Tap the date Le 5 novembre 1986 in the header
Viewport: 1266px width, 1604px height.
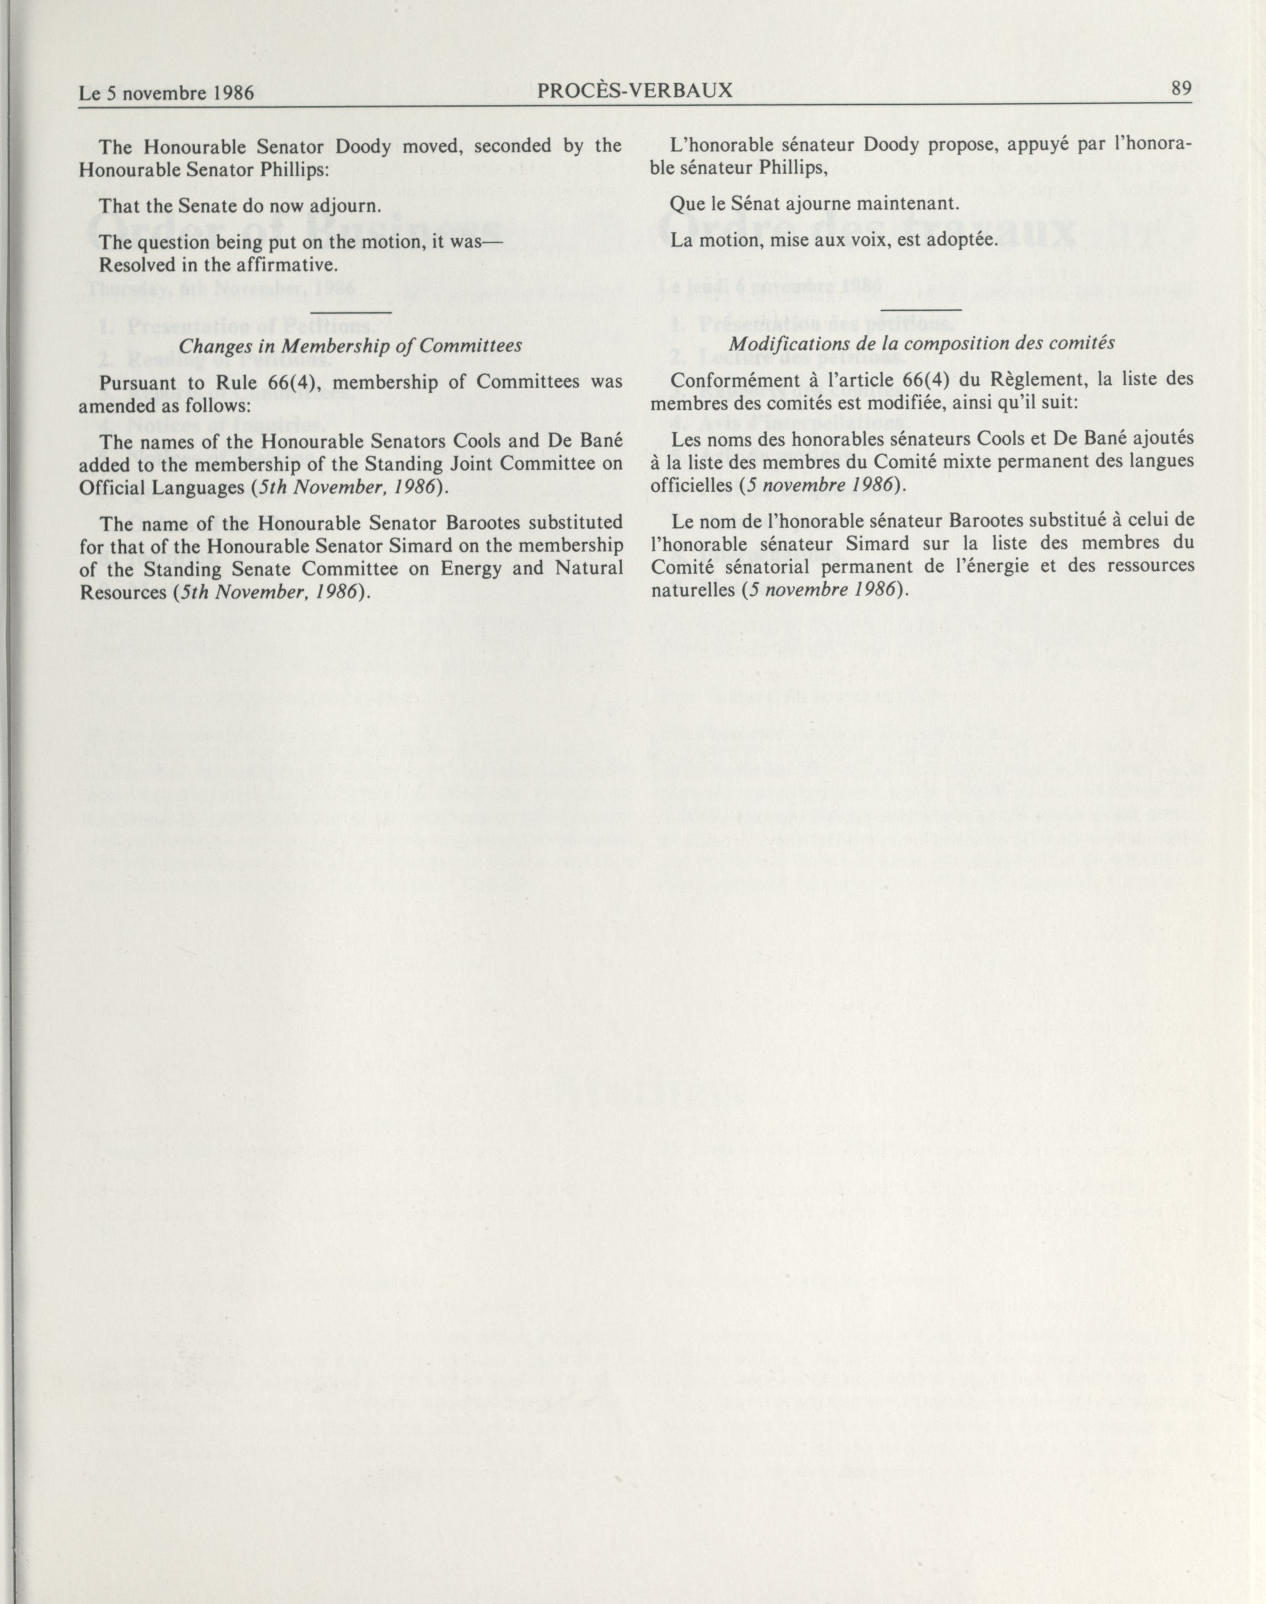click(x=167, y=93)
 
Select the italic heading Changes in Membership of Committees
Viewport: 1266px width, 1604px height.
click(x=351, y=346)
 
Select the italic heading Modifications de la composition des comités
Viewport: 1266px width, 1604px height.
click(x=922, y=344)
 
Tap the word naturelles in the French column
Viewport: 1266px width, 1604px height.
click(x=692, y=591)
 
